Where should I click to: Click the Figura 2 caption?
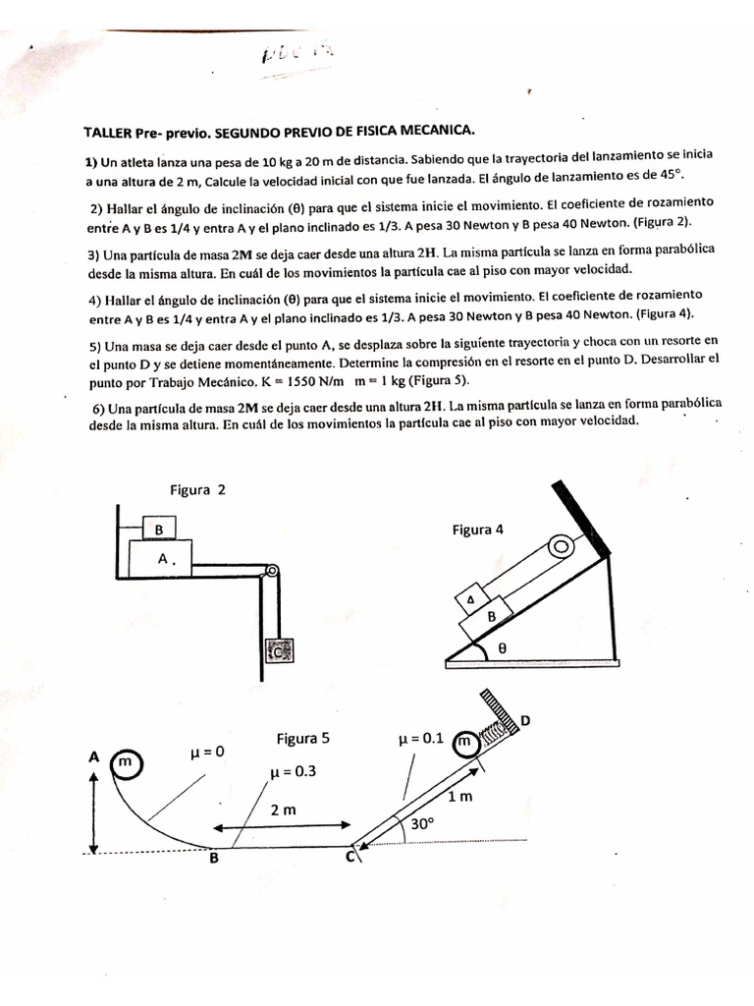pos(197,490)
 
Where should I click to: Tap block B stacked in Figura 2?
pos(158,530)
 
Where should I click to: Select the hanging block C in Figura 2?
pos(279,650)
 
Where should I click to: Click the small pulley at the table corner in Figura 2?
pos(272,571)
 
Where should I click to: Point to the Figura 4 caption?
pos(478,530)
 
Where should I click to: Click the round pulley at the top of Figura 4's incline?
pos(561,543)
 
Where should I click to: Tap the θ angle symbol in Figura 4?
pos(502,648)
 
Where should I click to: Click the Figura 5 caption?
pos(302,738)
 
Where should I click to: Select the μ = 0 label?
pos(207,752)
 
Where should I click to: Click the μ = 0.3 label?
pos(293,772)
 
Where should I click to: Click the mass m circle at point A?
pos(127,762)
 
